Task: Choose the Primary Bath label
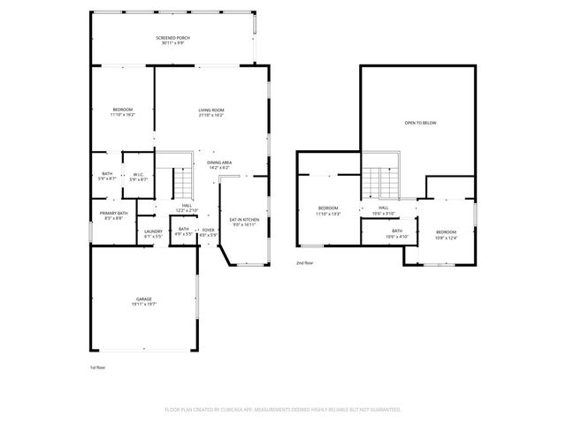point(114,216)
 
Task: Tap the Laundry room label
point(153,234)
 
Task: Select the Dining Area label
point(219,164)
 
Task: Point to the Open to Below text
point(420,123)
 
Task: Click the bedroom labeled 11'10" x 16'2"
point(122,112)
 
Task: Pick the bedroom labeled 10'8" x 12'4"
point(447,234)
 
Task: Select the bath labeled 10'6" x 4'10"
point(396,234)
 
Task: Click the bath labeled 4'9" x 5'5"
point(183,232)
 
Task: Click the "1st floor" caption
point(97,366)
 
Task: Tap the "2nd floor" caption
point(305,262)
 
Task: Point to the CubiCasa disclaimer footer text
point(283,410)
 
